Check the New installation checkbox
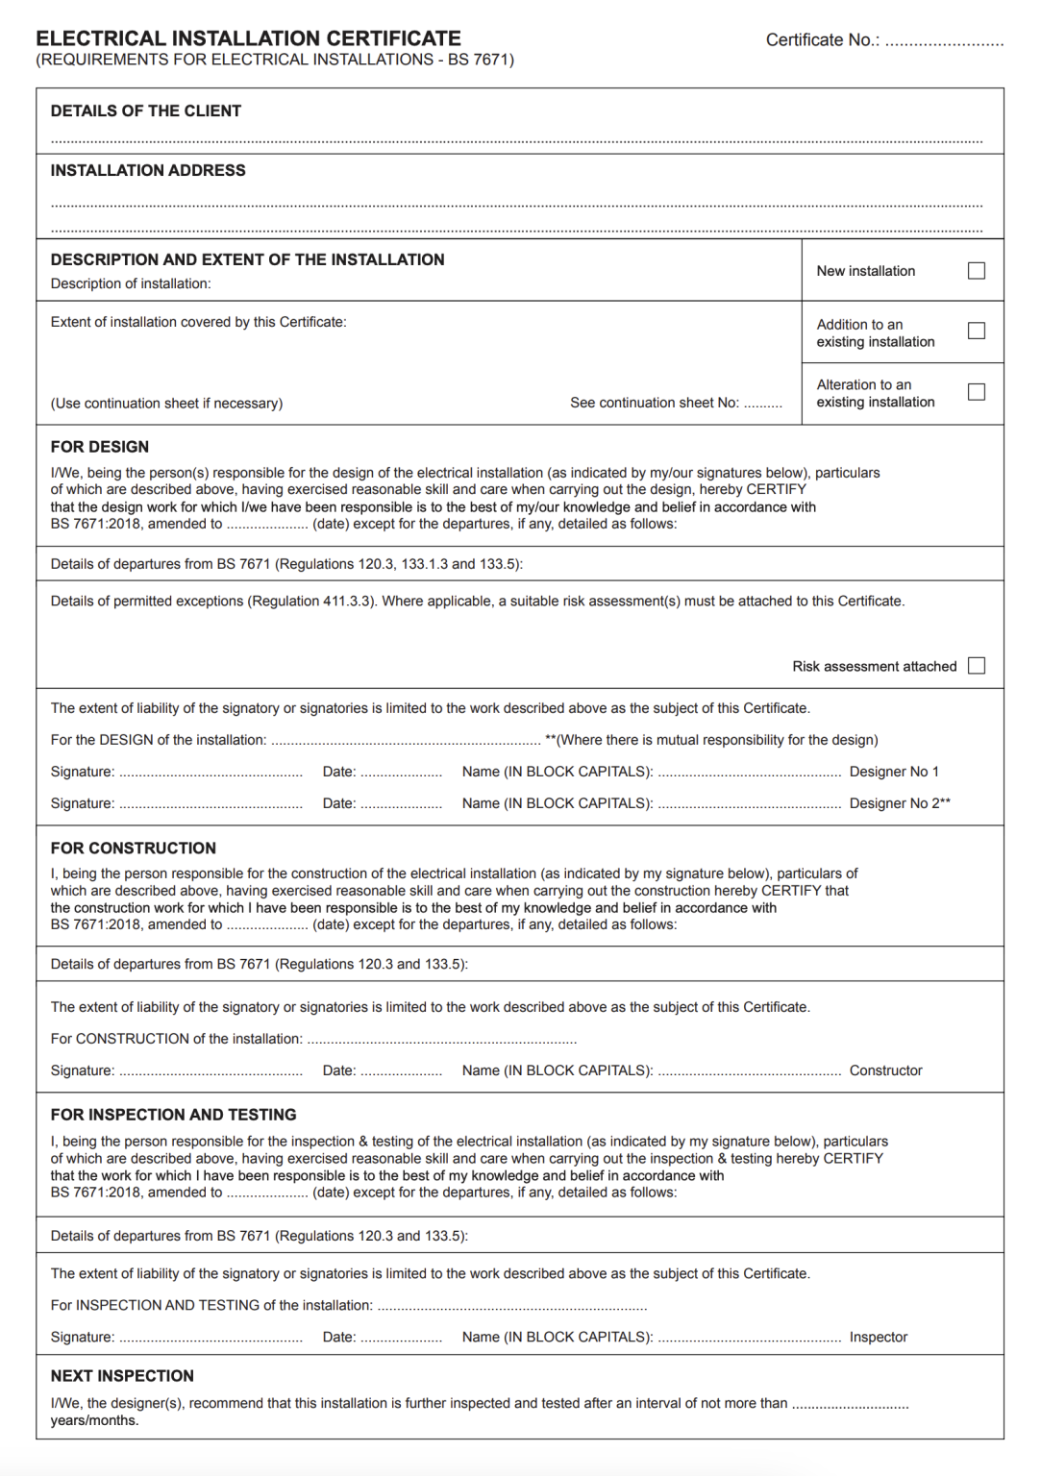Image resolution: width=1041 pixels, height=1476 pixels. (x=977, y=271)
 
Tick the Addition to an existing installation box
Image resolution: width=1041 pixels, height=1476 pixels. (x=977, y=332)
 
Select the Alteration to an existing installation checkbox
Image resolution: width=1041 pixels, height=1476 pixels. (x=977, y=392)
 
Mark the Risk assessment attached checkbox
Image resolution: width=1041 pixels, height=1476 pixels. (x=977, y=666)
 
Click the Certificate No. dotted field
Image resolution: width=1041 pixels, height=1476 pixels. (x=944, y=42)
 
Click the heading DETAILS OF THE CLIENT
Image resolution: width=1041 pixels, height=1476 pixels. (x=146, y=111)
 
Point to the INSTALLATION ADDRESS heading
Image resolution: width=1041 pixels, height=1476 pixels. (x=148, y=171)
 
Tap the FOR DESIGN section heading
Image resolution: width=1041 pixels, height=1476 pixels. (x=100, y=447)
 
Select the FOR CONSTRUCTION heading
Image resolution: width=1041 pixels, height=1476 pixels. (x=134, y=849)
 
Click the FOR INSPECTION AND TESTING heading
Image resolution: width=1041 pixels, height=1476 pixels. (x=174, y=1115)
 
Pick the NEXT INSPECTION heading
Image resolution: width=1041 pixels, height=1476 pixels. (x=122, y=1376)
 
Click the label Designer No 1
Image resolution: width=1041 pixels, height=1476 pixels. (x=894, y=772)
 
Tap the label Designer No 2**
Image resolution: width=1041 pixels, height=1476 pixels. (x=900, y=803)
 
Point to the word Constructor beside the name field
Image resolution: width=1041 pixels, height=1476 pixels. (x=885, y=1070)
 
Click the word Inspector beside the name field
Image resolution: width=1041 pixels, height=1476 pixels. (x=879, y=1337)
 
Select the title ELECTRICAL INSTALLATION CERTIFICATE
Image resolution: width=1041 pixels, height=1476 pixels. (x=249, y=38)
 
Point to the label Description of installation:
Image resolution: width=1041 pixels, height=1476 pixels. (x=131, y=283)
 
